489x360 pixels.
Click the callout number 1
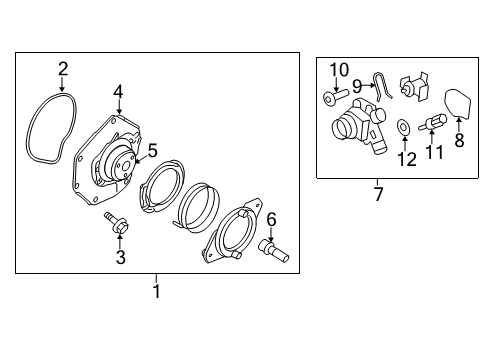[156, 290]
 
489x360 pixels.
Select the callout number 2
[62, 69]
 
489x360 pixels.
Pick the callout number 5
[153, 151]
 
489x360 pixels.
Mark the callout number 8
[461, 142]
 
